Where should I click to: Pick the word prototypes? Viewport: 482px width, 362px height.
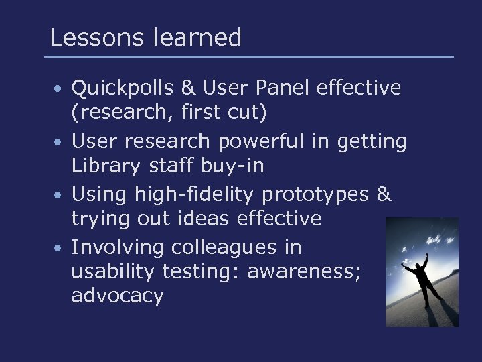tap(314, 195)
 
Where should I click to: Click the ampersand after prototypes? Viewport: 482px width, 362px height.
tap(384, 194)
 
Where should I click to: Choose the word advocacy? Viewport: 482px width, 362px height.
tap(117, 297)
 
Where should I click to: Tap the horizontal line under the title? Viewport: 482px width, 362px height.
tap(249, 56)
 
